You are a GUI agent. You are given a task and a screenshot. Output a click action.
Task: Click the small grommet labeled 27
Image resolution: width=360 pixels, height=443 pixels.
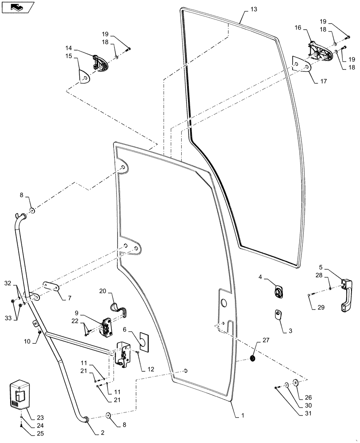[254, 358]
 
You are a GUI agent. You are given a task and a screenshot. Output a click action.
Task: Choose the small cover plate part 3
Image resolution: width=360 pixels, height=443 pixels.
[278, 315]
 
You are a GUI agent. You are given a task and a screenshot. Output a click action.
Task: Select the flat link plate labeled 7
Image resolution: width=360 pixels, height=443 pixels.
[51, 288]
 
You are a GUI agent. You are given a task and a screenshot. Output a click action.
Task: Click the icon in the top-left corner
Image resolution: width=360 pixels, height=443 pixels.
[17, 7]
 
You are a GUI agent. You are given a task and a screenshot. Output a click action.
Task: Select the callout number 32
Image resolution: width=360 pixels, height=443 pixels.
[8, 283]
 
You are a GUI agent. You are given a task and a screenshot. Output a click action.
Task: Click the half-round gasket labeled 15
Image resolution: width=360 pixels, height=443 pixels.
[84, 76]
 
